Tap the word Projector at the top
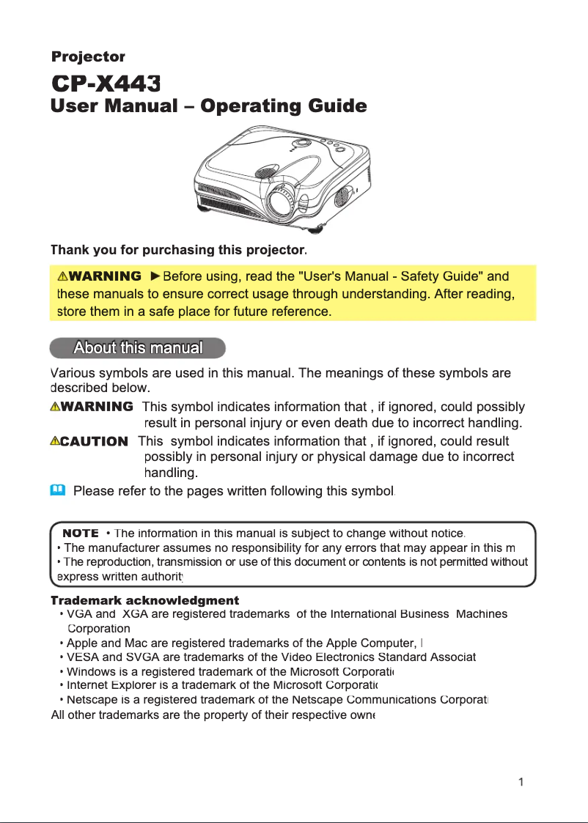[x=88, y=56]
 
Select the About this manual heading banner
[x=138, y=347]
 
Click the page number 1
[x=521, y=782]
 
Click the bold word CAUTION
[x=95, y=441]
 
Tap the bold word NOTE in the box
[x=81, y=533]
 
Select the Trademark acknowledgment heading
[x=145, y=601]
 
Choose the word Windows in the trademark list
[x=88, y=671]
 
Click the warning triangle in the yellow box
[x=63, y=276]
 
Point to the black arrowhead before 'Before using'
[x=155, y=276]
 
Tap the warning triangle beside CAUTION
[x=55, y=441]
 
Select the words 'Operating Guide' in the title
[x=283, y=106]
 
